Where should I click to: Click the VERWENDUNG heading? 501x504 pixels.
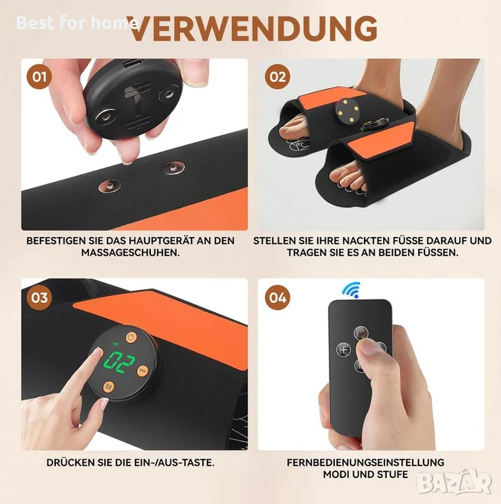point(254,28)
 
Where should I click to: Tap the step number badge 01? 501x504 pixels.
point(39,77)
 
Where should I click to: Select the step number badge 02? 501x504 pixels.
point(277,77)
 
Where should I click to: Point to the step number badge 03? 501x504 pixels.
point(39,298)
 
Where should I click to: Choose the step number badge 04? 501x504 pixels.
point(277,298)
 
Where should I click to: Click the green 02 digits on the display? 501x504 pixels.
point(120,362)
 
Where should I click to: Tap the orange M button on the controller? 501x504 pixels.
point(109,387)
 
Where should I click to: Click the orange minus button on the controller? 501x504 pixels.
point(142,371)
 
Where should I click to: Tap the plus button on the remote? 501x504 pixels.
point(343,349)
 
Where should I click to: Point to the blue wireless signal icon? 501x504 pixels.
point(352,290)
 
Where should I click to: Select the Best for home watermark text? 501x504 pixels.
point(77,23)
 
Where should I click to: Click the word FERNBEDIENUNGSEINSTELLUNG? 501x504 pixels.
point(365,463)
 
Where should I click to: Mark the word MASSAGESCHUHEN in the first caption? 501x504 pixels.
point(130,252)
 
